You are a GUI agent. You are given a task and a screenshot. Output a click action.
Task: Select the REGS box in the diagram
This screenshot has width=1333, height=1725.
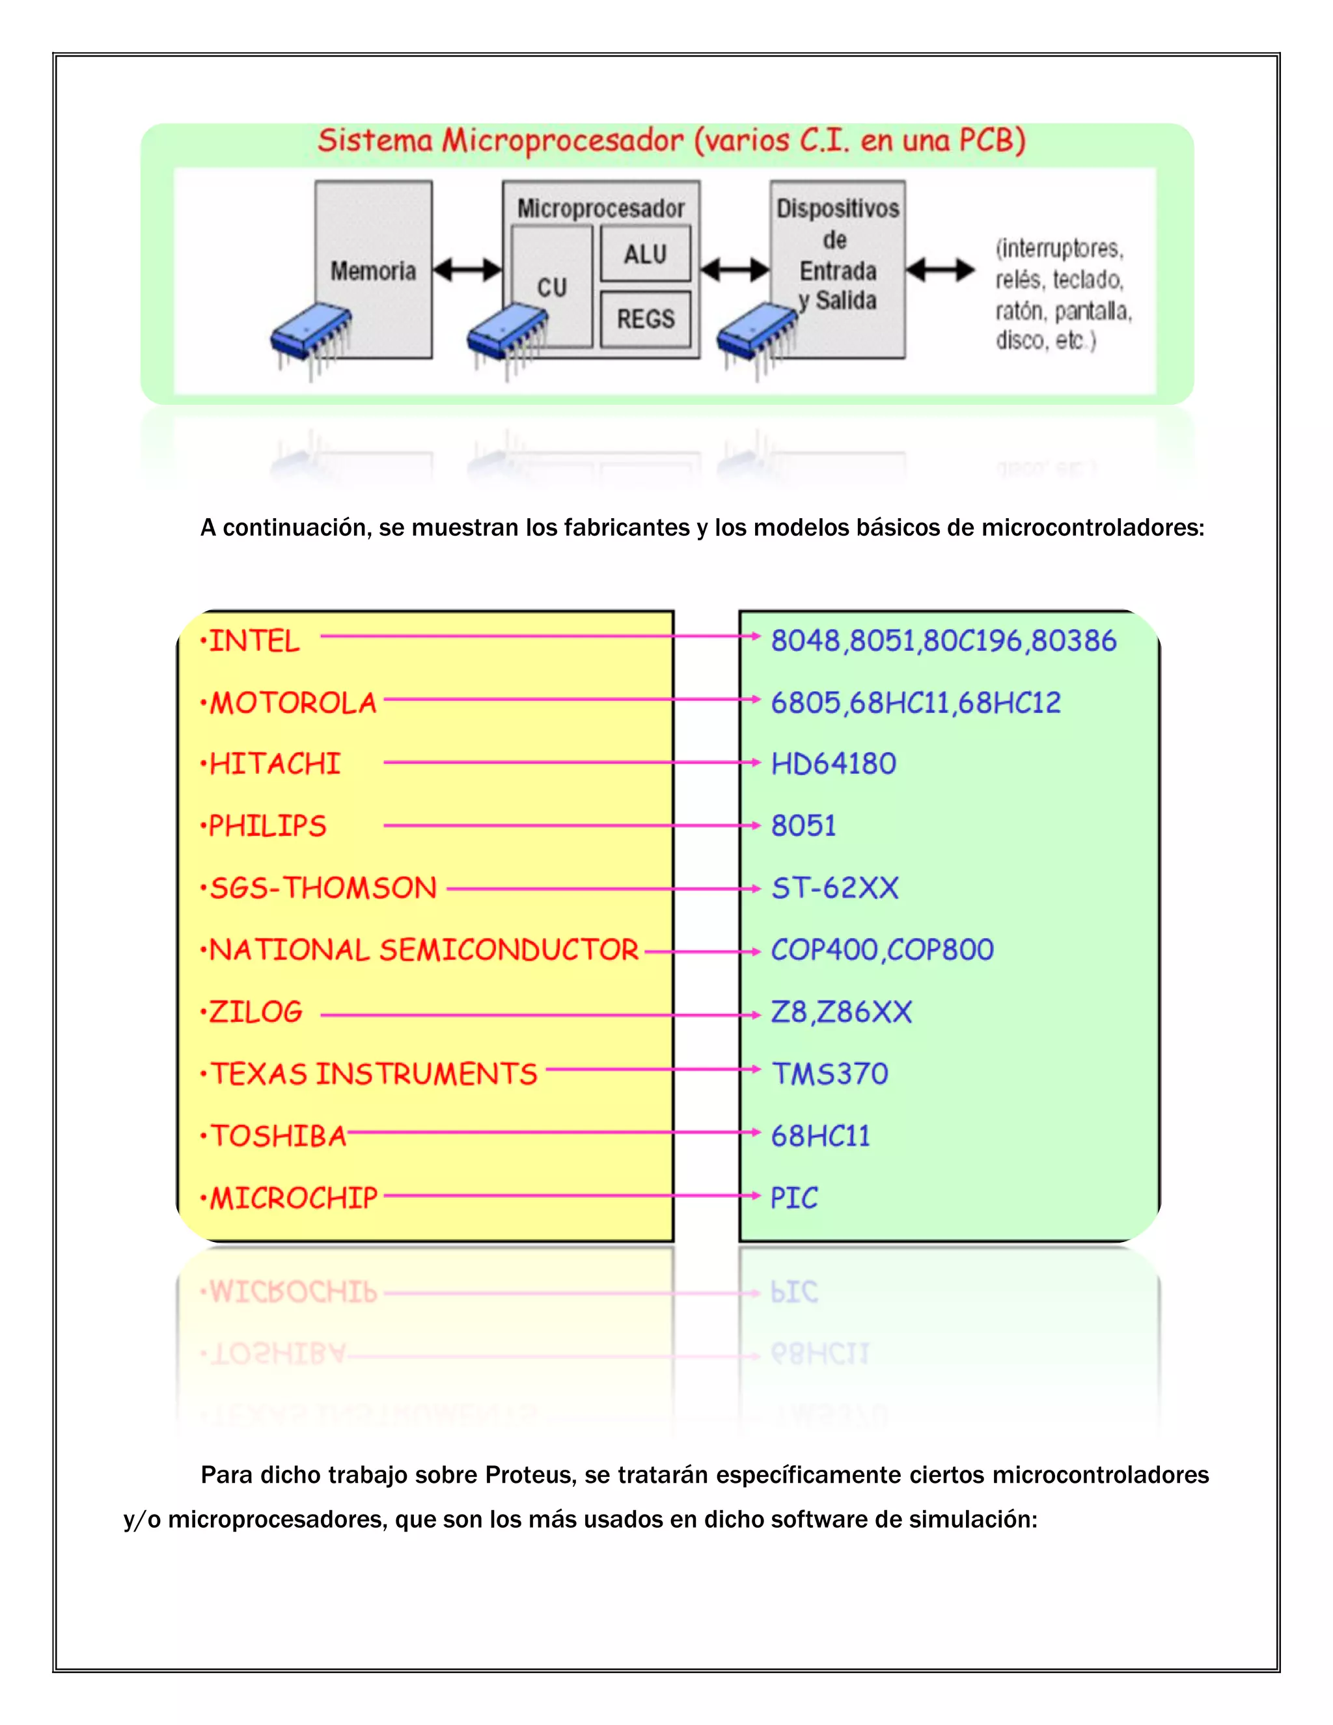pos(645,319)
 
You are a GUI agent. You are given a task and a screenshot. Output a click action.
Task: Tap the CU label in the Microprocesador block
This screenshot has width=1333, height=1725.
pos(552,288)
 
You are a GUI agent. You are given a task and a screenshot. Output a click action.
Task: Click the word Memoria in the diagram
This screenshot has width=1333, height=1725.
pos(373,271)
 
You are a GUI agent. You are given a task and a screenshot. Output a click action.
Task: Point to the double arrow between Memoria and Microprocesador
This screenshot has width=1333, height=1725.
pos(467,270)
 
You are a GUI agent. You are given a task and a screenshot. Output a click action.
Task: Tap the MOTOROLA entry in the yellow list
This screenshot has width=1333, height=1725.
pos(293,703)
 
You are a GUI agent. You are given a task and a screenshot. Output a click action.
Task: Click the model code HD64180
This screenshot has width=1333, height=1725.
pos(833,764)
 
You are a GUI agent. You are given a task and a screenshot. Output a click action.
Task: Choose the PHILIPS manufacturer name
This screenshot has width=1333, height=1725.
pos(267,826)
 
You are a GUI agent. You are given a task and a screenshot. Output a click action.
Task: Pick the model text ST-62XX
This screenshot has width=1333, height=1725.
pos(834,888)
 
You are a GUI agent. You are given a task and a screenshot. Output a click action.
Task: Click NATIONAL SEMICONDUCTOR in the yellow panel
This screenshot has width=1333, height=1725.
pos(423,949)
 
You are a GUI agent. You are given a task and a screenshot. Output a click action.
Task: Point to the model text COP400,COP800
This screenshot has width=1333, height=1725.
pos(882,949)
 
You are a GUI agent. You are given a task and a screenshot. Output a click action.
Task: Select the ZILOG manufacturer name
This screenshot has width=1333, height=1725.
pos(255,1012)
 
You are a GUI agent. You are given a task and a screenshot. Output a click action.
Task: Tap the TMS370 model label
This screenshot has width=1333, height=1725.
pos(829,1073)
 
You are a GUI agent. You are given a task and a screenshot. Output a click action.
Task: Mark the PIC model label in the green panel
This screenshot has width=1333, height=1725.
pos(795,1197)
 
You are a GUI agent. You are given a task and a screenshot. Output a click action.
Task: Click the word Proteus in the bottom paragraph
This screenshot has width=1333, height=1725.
pos(526,1474)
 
